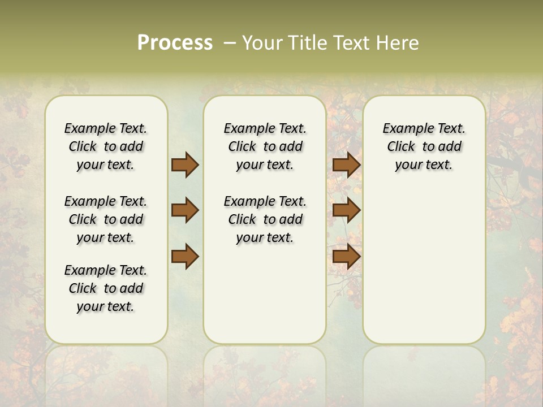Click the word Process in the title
(175, 42)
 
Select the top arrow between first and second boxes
(185, 164)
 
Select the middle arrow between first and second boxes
(185, 210)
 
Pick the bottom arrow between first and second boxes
(185, 256)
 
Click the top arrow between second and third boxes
(346, 164)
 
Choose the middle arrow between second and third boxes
(346, 210)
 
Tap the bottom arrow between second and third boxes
(346, 256)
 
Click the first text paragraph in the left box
(106, 146)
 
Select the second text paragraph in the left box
(106, 219)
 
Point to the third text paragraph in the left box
(106, 288)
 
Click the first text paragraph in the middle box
(265, 146)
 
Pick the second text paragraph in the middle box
(265, 219)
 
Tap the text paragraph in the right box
(424, 146)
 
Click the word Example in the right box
(403, 129)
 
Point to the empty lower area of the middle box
(265, 294)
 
